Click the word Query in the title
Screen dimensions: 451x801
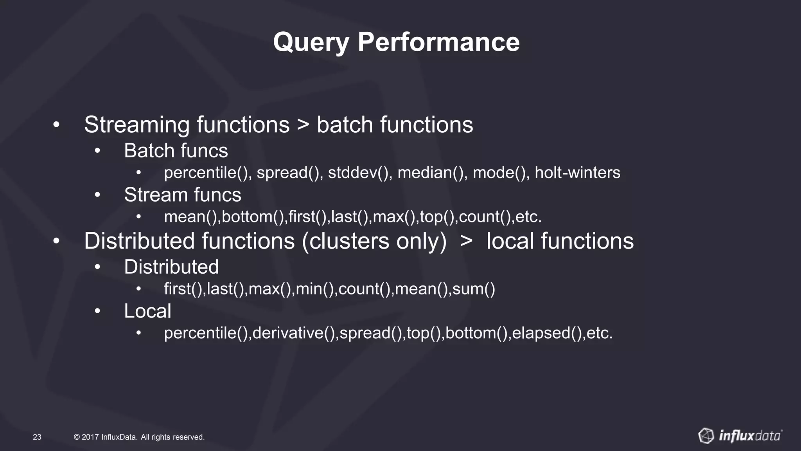point(311,42)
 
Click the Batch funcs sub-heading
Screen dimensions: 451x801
point(176,151)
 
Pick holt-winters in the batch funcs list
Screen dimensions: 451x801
point(577,173)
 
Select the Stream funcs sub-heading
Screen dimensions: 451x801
point(182,195)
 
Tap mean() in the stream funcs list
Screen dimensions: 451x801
point(190,217)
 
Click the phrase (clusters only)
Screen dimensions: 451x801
point(374,241)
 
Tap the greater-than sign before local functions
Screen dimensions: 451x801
point(466,241)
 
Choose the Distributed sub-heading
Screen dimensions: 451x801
point(171,267)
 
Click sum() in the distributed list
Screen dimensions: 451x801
point(474,289)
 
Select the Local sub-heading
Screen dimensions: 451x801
point(147,311)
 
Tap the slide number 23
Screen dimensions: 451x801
point(37,437)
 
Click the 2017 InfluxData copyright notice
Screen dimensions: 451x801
point(139,437)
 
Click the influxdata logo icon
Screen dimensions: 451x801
point(706,436)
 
